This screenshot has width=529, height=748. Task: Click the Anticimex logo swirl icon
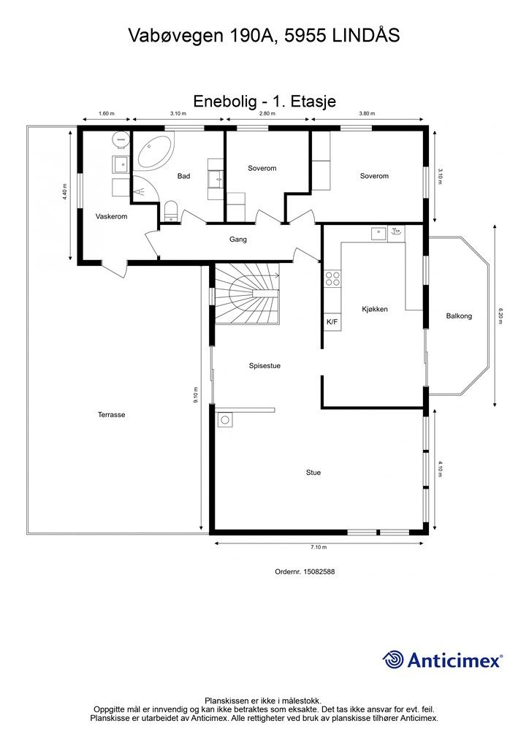pyautogui.click(x=393, y=660)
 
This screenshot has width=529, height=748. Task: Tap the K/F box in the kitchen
pyautogui.click(x=332, y=322)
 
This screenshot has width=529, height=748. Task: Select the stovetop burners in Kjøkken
pyautogui.click(x=332, y=278)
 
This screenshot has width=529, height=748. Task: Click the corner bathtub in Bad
pyautogui.click(x=155, y=152)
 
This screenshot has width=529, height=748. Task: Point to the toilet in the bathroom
pyautogui.click(x=170, y=211)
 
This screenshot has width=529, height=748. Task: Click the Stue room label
pyautogui.click(x=313, y=473)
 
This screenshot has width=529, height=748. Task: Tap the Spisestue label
pyautogui.click(x=264, y=366)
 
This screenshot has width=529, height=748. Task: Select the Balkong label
pyautogui.click(x=459, y=316)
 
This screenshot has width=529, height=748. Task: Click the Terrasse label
pyautogui.click(x=112, y=415)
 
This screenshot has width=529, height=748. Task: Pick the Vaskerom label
pyautogui.click(x=112, y=216)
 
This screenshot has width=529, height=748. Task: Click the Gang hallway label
pyautogui.click(x=238, y=240)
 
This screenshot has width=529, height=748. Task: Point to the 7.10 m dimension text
pyautogui.click(x=319, y=547)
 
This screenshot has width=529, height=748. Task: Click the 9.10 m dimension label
pyautogui.click(x=196, y=395)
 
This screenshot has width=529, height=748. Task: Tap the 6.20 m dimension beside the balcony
pyautogui.click(x=501, y=316)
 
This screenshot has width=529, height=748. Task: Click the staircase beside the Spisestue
pyautogui.click(x=246, y=294)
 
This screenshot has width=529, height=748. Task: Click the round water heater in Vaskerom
pyautogui.click(x=121, y=139)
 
